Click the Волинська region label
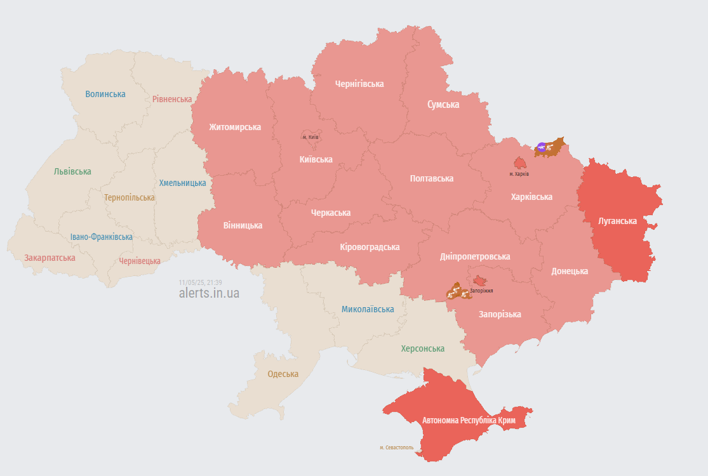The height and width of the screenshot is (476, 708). pyautogui.click(x=105, y=94)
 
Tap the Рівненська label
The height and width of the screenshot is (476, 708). pyautogui.click(x=172, y=99)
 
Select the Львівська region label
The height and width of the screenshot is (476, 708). pyautogui.click(x=72, y=171)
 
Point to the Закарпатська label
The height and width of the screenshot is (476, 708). pyautogui.click(x=50, y=258)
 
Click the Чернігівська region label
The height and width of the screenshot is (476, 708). pyautogui.click(x=359, y=84)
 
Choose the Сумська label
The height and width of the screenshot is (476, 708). pyautogui.click(x=443, y=104)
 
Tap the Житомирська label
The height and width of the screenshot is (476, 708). pyautogui.click(x=235, y=127)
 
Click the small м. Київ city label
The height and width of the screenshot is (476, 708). pyautogui.click(x=311, y=137)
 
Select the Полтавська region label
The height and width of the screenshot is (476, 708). pyautogui.click(x=432, y=178)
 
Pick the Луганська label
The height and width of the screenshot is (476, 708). pyautogui.click(x=617, y=221)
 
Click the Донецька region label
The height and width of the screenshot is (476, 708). pyautogui.click(x=569, y=271)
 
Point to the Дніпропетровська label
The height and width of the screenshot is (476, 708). pyautogui.click(x=475, y=256)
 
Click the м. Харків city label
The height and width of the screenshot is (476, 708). pyautogui.click(x=519, y=174)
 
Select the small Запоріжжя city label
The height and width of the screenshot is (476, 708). pyautogui.click(x=483, y=291)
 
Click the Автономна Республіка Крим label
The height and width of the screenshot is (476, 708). pyautogui.click(x=469, y=420)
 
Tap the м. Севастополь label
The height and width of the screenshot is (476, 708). pyautogui.click(x=396, y=447)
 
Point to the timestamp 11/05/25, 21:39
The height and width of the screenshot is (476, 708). pyautogui.click(x=200, y=282)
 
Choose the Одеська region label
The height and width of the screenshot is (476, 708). pyautogui.click(x=283, y=374)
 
